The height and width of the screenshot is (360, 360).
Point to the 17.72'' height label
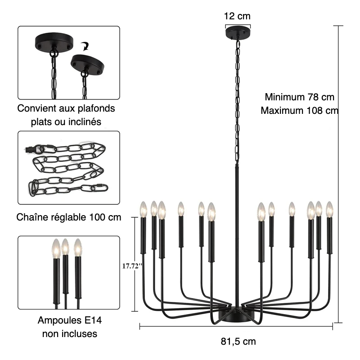click(x=132, y=266)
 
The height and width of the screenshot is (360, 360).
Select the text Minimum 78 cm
click(x=299, y=97)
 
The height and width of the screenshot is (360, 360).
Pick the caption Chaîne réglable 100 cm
click(x=69, y=217)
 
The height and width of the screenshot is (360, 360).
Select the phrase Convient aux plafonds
click(x=66, y=108)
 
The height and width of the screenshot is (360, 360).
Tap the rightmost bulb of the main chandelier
click(x=329, y=208)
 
